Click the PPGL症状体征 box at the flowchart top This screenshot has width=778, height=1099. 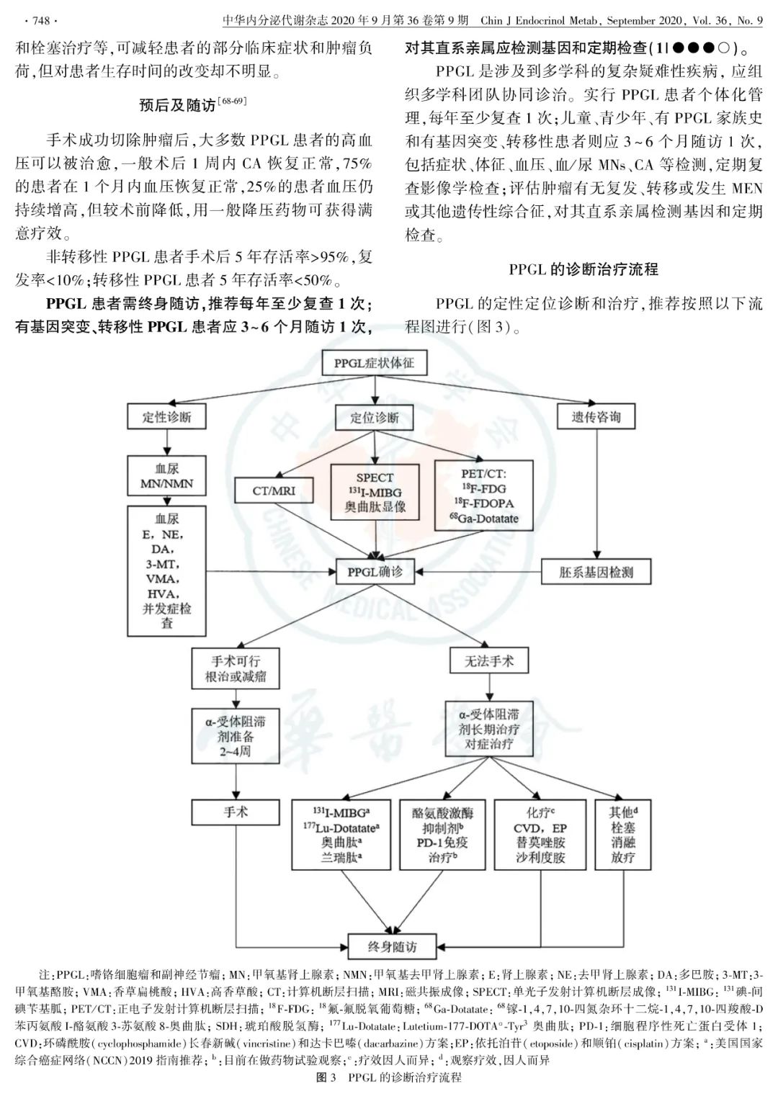click(374, 363)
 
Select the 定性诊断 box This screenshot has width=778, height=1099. click(167, 417)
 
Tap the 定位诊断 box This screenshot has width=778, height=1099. click(375, 418)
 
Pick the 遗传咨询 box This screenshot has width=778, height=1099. click(596, 416)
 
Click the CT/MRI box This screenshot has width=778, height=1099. click(274, 491)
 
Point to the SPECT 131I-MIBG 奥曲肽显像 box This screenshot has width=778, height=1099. click(375, 493)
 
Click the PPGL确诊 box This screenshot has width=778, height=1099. click(375, 573)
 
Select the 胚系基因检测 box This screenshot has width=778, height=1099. click(596, 573)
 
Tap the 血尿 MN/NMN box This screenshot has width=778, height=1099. click(167, 476)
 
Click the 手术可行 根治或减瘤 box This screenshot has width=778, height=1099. click(236, 669)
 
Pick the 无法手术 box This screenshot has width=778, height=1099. click(489, 661)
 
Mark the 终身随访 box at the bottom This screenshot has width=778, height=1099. click(392, 946)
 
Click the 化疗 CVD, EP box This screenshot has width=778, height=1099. click(540, 835)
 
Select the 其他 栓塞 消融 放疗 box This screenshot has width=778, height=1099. click(623, 835)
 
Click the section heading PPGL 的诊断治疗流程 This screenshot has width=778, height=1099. click(583, 269)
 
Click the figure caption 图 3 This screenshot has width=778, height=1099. click(389, 1078)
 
